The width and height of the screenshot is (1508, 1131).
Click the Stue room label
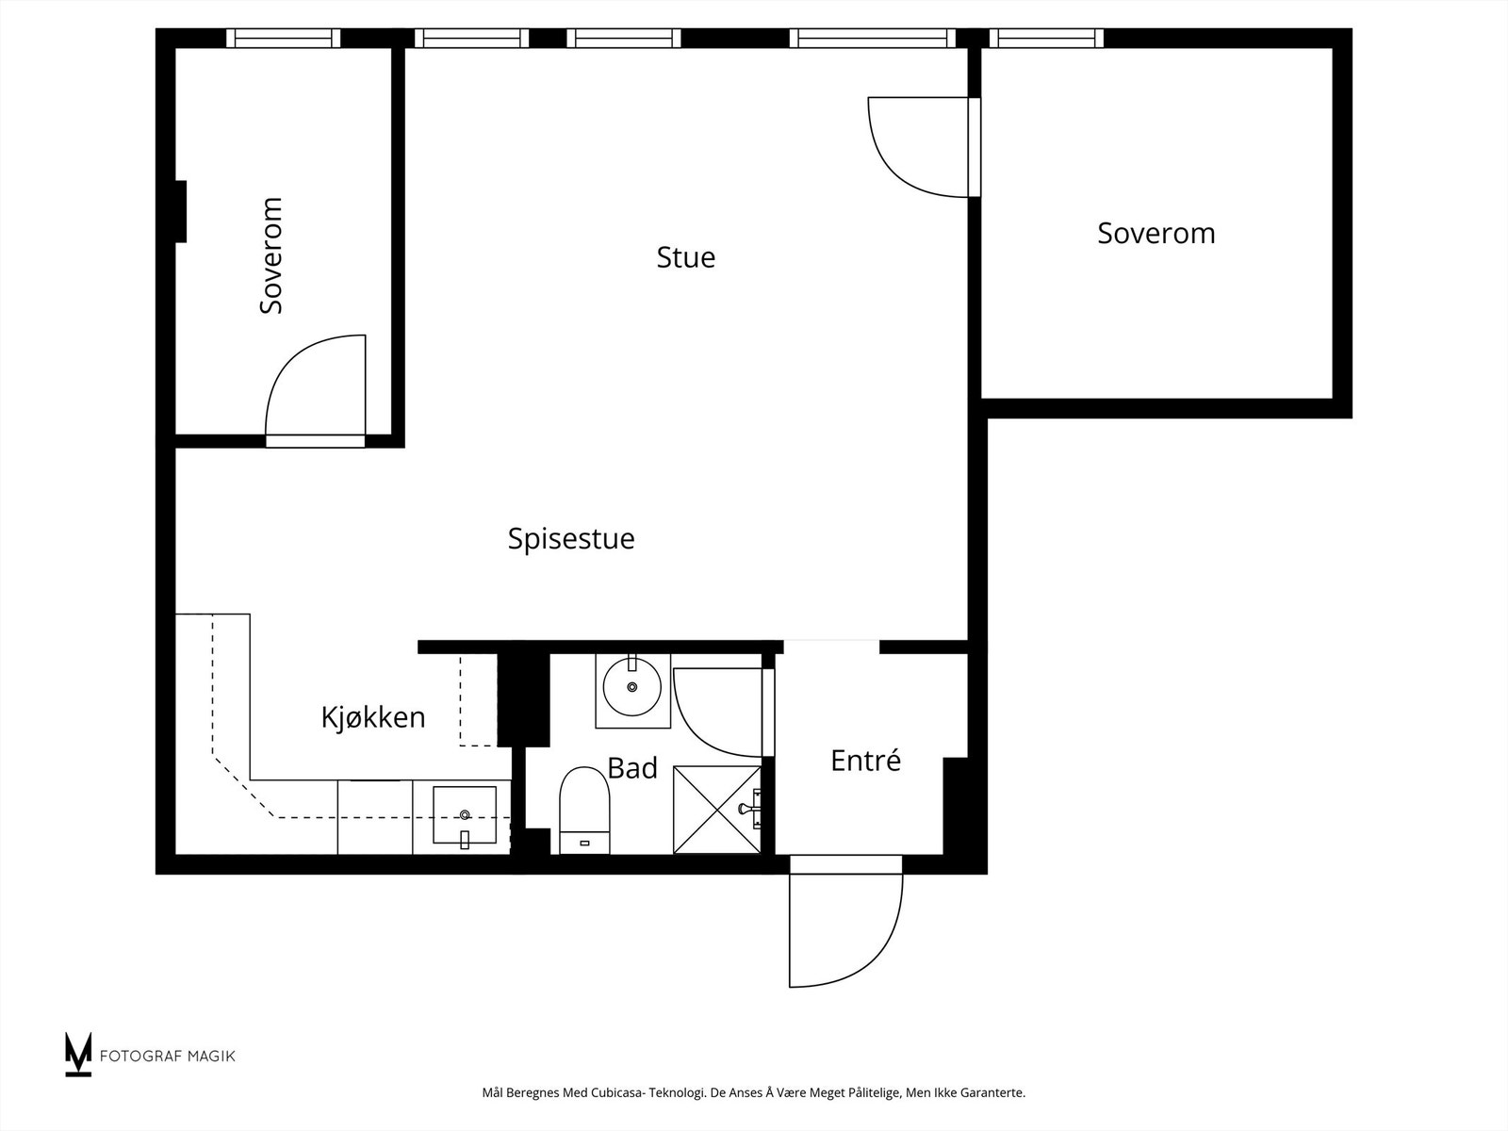pyautogui.click(x=685, y=257)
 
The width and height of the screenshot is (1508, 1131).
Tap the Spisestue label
pyautogui.click(x=571, y=539)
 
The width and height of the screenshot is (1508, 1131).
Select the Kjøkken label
pyautogui.click(x=373, y=718)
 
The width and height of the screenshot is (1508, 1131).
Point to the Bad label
pyautogui.click(x=631, y=769)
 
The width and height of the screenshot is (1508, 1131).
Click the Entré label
pyautogui.click(x=865, y=761)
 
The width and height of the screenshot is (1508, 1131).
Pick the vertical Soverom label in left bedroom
pyautogui.click(x=271, y=255)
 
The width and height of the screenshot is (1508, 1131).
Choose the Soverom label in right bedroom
pyautogui.click(x=1156, y=234)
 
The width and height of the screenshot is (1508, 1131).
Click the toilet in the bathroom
pyautogui.click(x=584, y=809)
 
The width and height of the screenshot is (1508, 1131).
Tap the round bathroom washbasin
pyautogui.click(x=631, y=689)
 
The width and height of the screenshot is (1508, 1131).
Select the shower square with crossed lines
pyautogui.click(x=716, y=810)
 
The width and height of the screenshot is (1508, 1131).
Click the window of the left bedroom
pyautogui.click(x=283, y=39)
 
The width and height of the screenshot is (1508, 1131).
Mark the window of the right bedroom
pyautogui.click(x=1045, y=39)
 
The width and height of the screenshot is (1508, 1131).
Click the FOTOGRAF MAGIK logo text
pyautogui.click(x=167, y=1056)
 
